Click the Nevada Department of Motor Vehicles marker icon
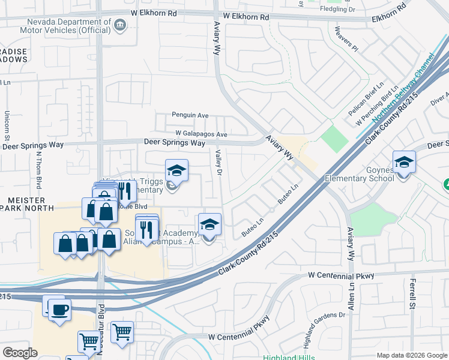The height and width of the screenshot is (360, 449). point(120,25)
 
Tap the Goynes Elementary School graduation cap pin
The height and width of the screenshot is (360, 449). point(404,162)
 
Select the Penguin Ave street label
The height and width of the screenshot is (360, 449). point(190,115)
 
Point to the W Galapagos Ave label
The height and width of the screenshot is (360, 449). point(202,134)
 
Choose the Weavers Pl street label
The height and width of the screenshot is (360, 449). point(347,40)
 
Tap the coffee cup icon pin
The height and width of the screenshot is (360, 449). point(59,310)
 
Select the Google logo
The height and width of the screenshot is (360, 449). point(20,353)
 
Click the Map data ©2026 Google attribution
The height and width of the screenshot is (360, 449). point(411,355)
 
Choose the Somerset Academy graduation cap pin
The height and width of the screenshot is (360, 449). point(209,224)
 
